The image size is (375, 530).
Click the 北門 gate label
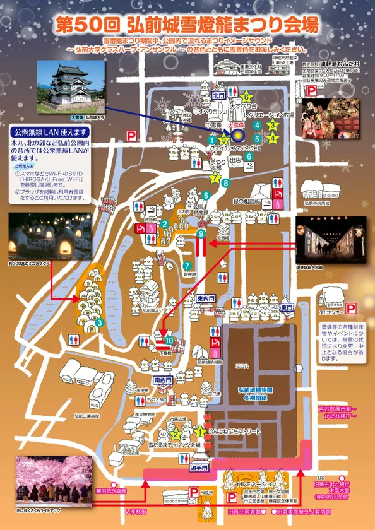tap(219, 95)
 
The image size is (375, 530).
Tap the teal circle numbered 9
tap(201, 234)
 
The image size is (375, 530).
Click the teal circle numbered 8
tap(225, 182)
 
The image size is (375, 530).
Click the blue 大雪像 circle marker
tap(237, 134)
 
